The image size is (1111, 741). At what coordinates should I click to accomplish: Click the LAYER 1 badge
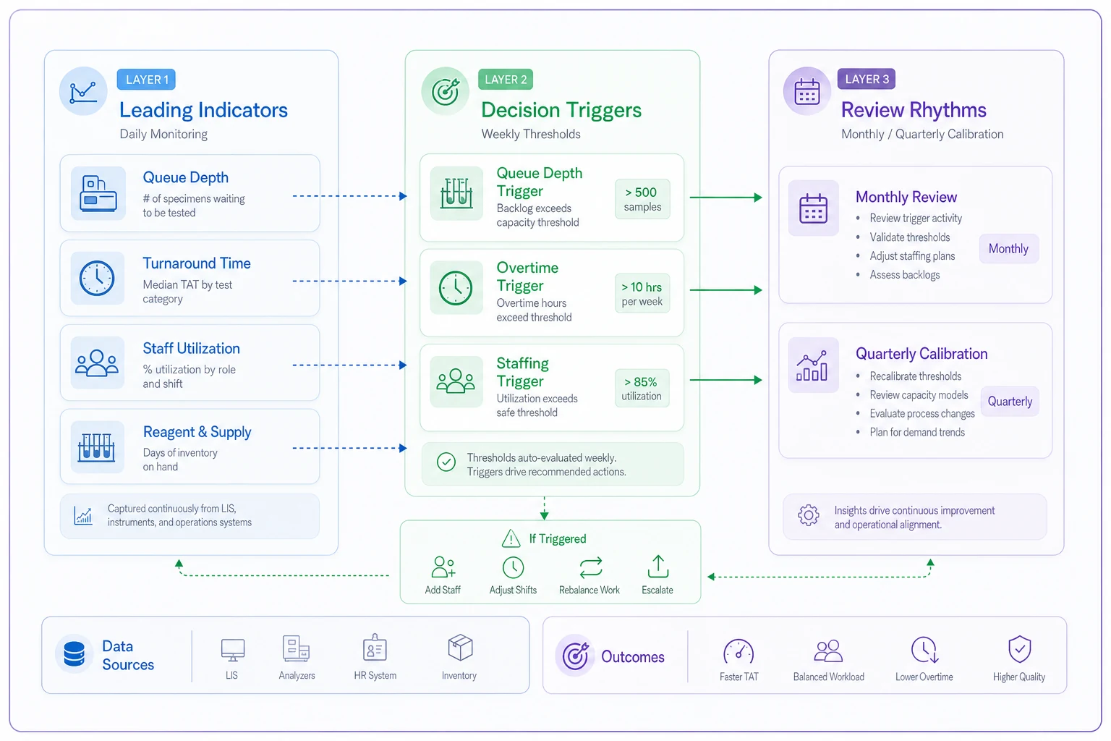(146, 80)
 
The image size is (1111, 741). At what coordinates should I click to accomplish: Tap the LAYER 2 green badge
(506, 80)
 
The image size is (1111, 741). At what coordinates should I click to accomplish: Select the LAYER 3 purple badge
(867, 79)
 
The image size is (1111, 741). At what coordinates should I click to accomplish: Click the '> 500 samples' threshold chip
(642, 199)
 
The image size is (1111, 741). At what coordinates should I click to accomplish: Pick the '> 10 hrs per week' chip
(642, 293)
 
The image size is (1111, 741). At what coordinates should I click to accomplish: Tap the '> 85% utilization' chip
(642, 388)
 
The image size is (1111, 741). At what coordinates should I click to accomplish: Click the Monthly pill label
(1008, 249)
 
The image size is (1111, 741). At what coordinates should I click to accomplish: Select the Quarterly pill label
(1010, 401)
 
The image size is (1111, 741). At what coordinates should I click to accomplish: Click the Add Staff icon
(443, 567)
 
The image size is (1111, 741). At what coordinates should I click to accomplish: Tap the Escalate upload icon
(658, 567)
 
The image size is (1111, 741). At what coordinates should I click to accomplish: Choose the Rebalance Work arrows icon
(591, 568)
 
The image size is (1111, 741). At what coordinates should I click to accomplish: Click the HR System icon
(375, 647)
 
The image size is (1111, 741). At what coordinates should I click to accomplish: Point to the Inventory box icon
(460, 647)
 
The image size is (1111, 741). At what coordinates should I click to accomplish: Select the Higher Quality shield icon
(1020, 649)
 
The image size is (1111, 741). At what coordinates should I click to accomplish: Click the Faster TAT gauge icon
(738, 651)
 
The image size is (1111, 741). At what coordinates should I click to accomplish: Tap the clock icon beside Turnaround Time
(97, 279)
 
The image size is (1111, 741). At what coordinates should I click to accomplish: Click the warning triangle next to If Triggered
(511, 538)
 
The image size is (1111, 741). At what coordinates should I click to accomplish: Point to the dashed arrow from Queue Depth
(349, 196)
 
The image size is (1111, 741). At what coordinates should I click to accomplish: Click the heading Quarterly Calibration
(921, 354)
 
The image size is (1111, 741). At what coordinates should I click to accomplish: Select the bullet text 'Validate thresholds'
(910, 237)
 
